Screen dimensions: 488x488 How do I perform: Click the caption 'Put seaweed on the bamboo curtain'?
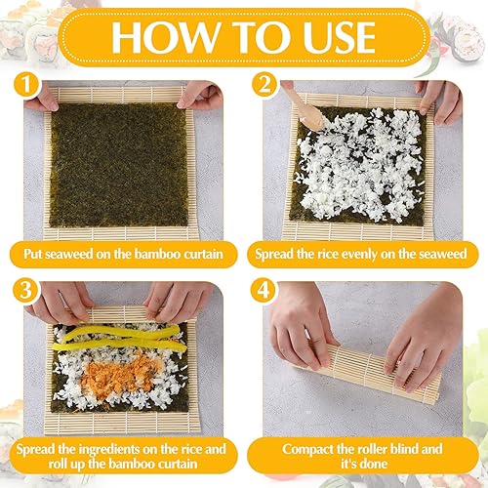coord(123,256)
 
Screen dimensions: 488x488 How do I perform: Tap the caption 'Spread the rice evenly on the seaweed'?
coord(359,256)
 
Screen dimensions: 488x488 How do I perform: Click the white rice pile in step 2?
coord(366,166)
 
